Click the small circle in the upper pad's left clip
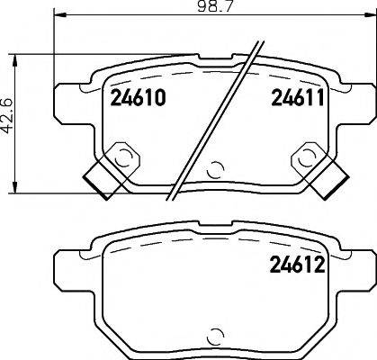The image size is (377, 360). [124, 159]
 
